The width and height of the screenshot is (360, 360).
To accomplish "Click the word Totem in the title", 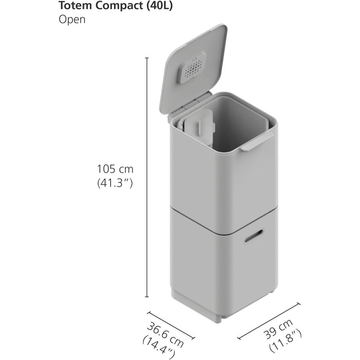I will pos(74,6).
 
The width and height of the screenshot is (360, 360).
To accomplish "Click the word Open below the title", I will pos(71,20).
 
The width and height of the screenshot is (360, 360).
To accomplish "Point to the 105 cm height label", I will pos(115,169).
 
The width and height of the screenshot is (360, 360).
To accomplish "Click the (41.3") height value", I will pos(115,183).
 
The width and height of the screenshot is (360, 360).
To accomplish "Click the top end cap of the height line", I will pos(148,58).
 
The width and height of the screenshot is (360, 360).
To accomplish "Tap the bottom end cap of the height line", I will pos(148,297).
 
